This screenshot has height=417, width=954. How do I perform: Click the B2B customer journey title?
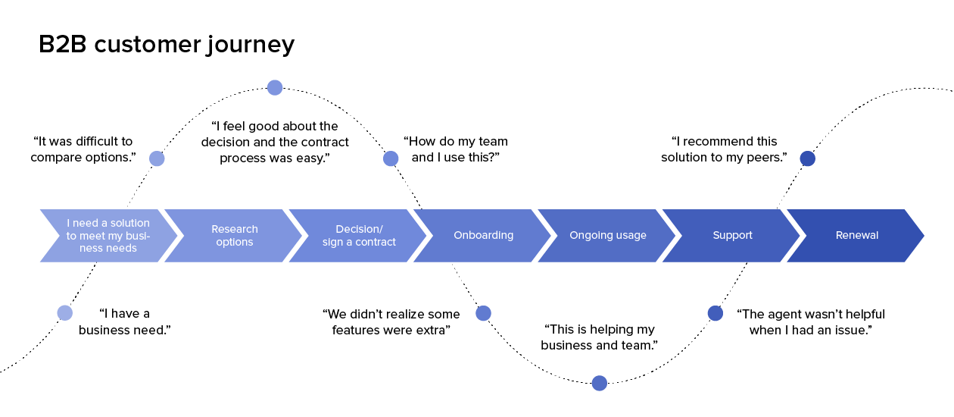coord(167,45)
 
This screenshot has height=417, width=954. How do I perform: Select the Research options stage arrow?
coord(234,236)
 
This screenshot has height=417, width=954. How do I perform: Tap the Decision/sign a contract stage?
coord(359,236)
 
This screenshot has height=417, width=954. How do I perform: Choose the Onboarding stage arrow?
coord(483,236)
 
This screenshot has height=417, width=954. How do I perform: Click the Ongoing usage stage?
coord(607,236)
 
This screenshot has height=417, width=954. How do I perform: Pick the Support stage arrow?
coord(732,236)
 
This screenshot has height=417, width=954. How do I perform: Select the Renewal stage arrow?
coord(856,236)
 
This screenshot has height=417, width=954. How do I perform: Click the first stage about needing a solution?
coord(108,236)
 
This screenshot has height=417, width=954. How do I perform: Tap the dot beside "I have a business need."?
coord(65,313)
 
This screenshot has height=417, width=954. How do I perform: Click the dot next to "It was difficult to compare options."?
coord(157,158)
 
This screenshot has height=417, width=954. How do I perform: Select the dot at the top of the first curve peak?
coord(275,88)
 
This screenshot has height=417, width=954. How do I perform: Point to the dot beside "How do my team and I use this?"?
coord(391,158)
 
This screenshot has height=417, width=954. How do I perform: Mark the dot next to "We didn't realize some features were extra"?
coord(483,313)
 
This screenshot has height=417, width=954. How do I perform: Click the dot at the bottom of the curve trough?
coord(599,383)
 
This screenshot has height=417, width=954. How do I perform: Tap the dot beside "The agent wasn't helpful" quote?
coord(715,313)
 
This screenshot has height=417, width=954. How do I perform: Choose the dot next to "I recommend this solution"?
coord(808,158)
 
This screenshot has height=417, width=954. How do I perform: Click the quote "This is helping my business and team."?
coord(599,337)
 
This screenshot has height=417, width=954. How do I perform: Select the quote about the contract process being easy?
coord(275,142)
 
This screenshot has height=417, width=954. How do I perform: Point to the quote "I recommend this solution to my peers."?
coord(724,149)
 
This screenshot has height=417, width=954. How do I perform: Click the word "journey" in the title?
coord(249,45)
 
